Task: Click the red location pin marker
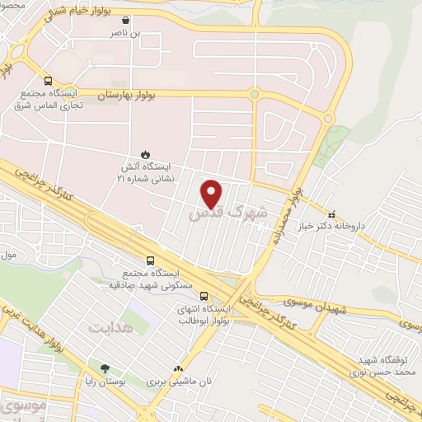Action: coord(213,195)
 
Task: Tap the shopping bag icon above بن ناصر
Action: coord(124,21)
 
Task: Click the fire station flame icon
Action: coord(145,153)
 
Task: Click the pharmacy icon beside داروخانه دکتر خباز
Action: coord(332,212)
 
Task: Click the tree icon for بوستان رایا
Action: coord(104,369)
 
